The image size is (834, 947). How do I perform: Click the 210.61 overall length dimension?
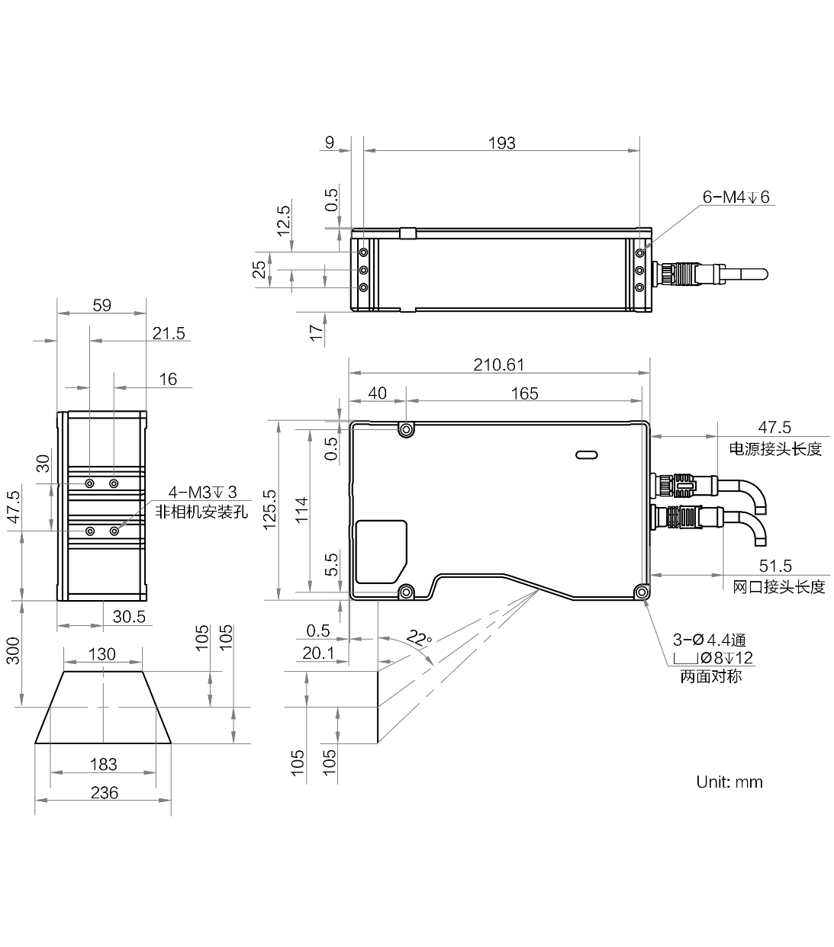498,364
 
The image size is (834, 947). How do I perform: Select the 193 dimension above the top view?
501,143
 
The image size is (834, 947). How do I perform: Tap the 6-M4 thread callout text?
736,197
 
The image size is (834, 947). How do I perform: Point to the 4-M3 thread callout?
202,493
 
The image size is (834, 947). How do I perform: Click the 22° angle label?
419,638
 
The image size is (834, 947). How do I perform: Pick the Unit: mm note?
729,782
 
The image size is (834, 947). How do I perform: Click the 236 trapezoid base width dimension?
105,793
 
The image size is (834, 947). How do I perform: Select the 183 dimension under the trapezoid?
103,765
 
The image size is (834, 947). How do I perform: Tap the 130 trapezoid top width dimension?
102,654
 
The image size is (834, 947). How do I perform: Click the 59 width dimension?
102,305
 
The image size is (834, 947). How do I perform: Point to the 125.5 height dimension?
270,509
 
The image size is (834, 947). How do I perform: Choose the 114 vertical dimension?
302,509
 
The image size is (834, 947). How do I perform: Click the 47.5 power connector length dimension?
774,427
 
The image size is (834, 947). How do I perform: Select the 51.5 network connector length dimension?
775,566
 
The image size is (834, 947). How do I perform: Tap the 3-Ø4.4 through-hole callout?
709,640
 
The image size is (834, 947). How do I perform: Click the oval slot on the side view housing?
587,454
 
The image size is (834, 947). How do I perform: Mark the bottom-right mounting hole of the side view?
641,592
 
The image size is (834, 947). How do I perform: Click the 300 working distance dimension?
13,650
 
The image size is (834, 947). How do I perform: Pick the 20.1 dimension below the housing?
318,653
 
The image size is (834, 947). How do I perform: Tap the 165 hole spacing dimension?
524,393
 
